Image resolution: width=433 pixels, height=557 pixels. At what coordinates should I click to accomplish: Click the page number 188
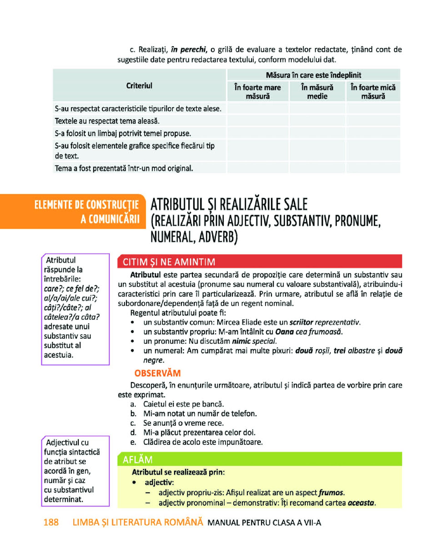pyautogui.click(x=51, y=522)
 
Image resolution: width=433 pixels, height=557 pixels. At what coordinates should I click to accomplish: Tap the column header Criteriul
pyautogui.click(x=139, y=86)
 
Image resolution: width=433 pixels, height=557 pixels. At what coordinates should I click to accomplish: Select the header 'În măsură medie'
pyautogui.click(x=317, y=92)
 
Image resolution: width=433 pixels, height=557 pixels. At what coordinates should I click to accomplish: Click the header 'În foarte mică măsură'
pyautogui.click(x=373, y=92)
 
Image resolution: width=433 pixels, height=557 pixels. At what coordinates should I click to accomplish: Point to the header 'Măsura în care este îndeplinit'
pyautogui.click(x=313, y=75)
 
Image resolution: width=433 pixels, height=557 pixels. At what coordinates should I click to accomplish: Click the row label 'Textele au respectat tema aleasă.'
pyautogui.click(x=107, y=121)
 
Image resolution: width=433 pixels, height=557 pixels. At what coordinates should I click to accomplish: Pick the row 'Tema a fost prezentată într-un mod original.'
pyautogui.click(x=124, y=168)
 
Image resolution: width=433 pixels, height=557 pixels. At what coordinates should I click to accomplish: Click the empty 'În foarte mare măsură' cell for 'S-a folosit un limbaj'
pyautogui.click(x=258, y=133)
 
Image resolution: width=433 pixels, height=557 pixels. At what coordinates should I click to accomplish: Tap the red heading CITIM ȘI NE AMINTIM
pyautogui.click(x=169, y=262)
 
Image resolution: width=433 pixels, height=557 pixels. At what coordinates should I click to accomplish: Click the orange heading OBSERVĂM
pyautogui.click(x=158, y=373)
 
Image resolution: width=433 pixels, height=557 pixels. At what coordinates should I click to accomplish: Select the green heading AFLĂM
pyautogui.click(x=137, y=460)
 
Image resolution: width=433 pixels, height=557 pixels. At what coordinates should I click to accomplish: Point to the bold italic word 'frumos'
pyautogui.click(x=331, y=493)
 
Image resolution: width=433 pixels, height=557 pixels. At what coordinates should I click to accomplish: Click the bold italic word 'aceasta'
pyautogui.click(x=361, y=503)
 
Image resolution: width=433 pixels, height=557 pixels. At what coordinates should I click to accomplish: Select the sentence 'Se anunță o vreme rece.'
pyautogui.click(x=183, y=423)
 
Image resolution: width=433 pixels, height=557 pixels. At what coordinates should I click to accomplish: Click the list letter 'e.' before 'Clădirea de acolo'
pyautogui.click(x=133, y=442)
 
